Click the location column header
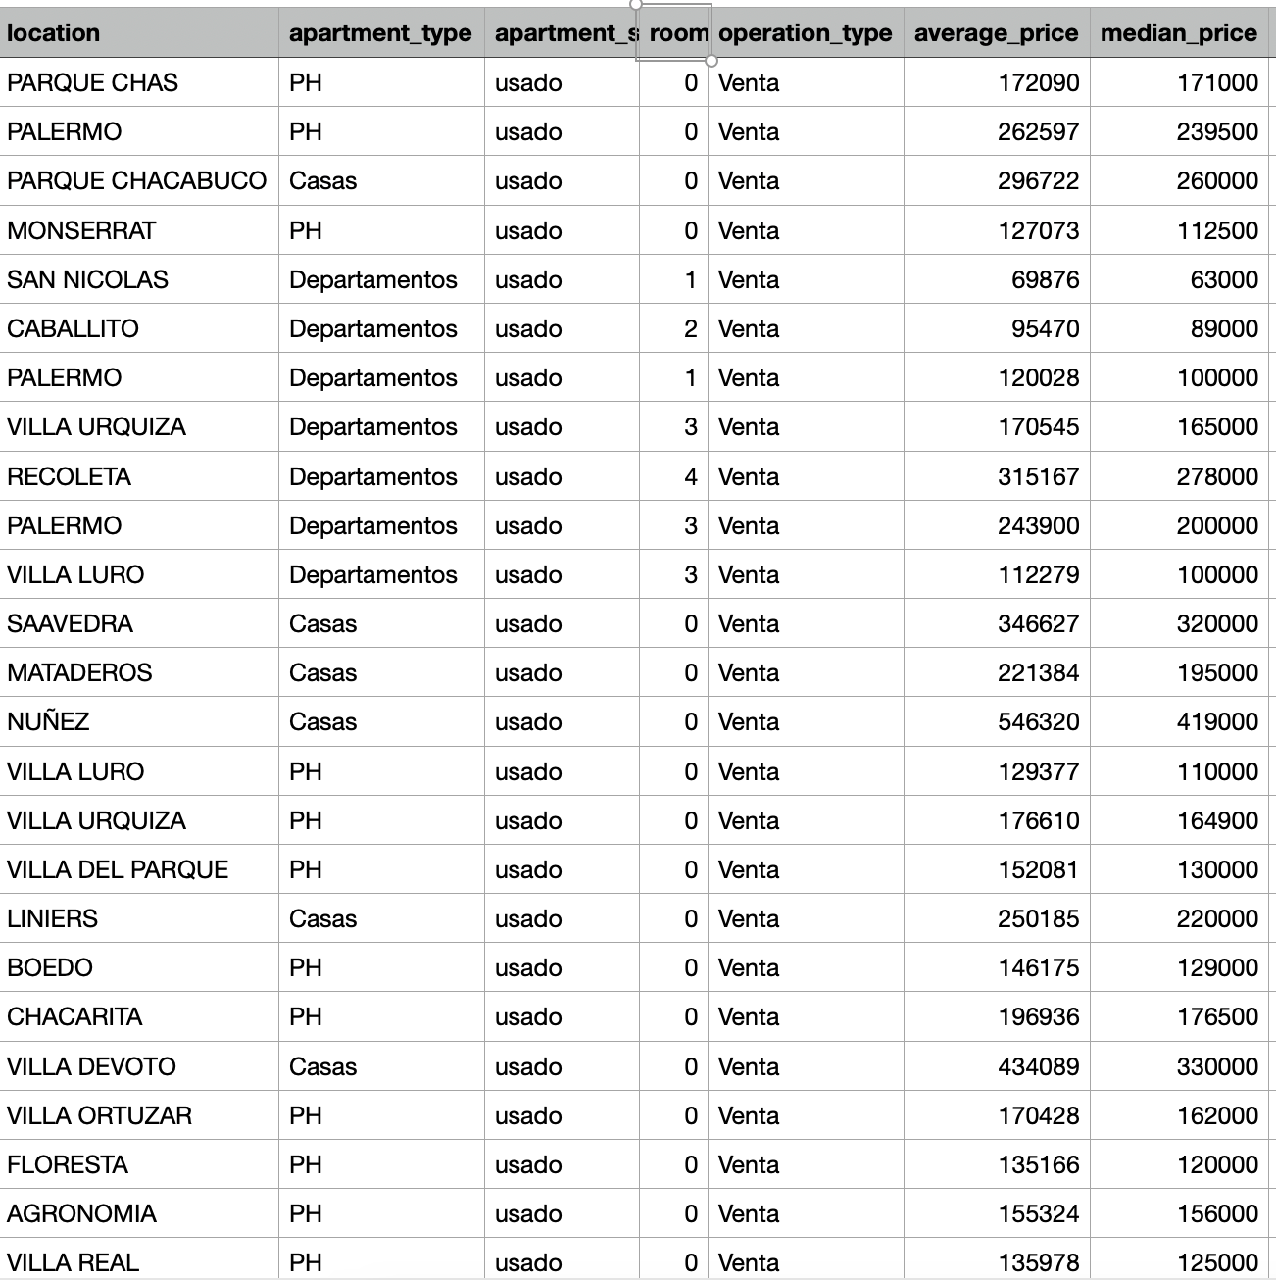[x=54, y=33]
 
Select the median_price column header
[x=1178, y=33]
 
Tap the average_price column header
[x=996, y=33]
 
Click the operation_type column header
[x=805, y=33]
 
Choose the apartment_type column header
[x=380, y=33]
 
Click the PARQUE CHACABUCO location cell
[x=136, y=181]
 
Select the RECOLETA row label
[x=69, y=476]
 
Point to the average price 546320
[x=1038, y=722]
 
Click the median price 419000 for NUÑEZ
[x=1216, y=722]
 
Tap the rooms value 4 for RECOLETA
[x=691, y=476]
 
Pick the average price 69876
[x=1045, y=279]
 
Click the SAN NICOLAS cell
[x=87, y=279]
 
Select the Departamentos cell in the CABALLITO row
[x=372, y=328]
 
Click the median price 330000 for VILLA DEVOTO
[x=1216, y=1066]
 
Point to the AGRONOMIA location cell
[x=81, y=1213]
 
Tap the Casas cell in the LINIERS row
[x=322, y=918]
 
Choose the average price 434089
[x=1038, y=1066]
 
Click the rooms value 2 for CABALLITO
[x=691, y=328]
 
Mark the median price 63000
[x=1223, y=279]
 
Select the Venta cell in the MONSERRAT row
[x=749, y=230]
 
